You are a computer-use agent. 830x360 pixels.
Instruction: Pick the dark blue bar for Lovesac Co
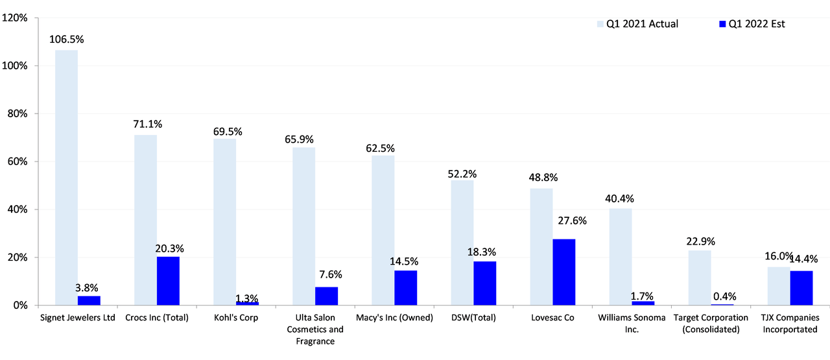(x=563, y=272)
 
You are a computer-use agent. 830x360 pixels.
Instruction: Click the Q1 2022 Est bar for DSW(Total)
(x=484, y=283)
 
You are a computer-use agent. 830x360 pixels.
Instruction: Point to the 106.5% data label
(x=67, y=39)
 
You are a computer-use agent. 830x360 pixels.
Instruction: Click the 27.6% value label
(x=571, y=221)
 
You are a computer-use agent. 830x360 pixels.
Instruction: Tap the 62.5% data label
(x=379, y=148)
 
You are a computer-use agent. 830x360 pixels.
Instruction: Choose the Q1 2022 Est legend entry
(x=757, y=24)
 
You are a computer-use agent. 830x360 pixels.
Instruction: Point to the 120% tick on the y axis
(x=15, y=18)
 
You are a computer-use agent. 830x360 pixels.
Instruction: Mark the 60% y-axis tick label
(x=18, y=162)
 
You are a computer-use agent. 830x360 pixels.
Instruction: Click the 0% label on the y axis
(x=20, y=306)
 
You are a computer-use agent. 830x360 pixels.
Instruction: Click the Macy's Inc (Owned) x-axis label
(x=394, y=318)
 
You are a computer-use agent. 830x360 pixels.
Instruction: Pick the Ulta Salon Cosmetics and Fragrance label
(x=318, y=329)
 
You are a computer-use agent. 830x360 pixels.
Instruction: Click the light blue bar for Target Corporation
(x=700, y=278)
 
